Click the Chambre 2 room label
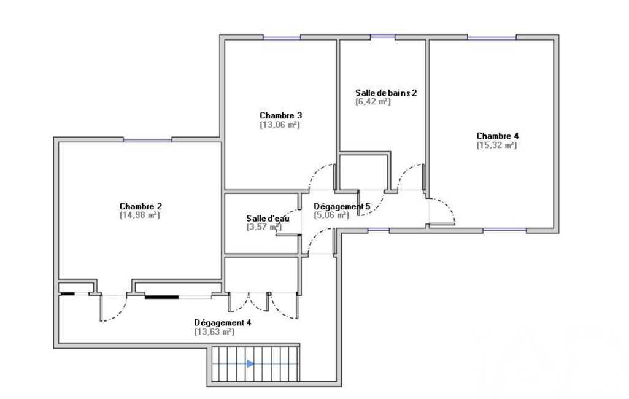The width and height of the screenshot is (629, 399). tap(141, 206)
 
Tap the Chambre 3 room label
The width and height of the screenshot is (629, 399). tap(280, 115)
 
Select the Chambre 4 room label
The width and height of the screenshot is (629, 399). tap(497, 136)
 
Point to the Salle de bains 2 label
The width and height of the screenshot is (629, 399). tap(386, 93)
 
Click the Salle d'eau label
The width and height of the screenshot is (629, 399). tap(264, 218)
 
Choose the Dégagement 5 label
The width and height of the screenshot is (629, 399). tap(342, 206)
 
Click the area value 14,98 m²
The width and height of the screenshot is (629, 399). tap(141, 215)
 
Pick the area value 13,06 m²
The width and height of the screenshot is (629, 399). tap(280, 125)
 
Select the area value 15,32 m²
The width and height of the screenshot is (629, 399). tap(497, 145)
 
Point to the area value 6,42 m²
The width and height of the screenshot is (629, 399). tap(373, 102)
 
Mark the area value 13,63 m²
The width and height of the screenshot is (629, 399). tap(214, 331)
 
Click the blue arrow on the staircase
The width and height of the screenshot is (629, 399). tap(250, 363)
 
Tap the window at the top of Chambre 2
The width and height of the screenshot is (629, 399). tap(147, 140)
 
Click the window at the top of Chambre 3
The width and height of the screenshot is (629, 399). tap(282, 37)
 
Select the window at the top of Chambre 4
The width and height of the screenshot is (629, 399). tap(492, 37)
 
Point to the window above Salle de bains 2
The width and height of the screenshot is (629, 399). tap(382, 37)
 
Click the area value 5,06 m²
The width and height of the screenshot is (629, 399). tap(331, 215)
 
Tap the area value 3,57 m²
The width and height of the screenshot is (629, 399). tap(263, 227)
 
